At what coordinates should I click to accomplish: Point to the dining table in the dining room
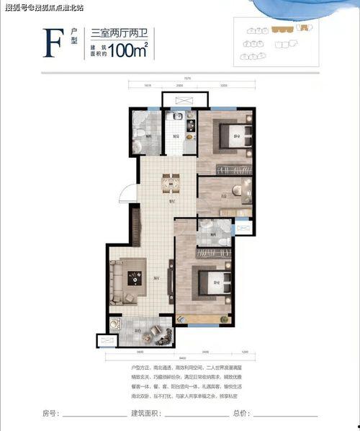[x=171, y=184]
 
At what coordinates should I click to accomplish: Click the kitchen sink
[x=173, y=117]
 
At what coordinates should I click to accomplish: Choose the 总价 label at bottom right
[x=240, y=414]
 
